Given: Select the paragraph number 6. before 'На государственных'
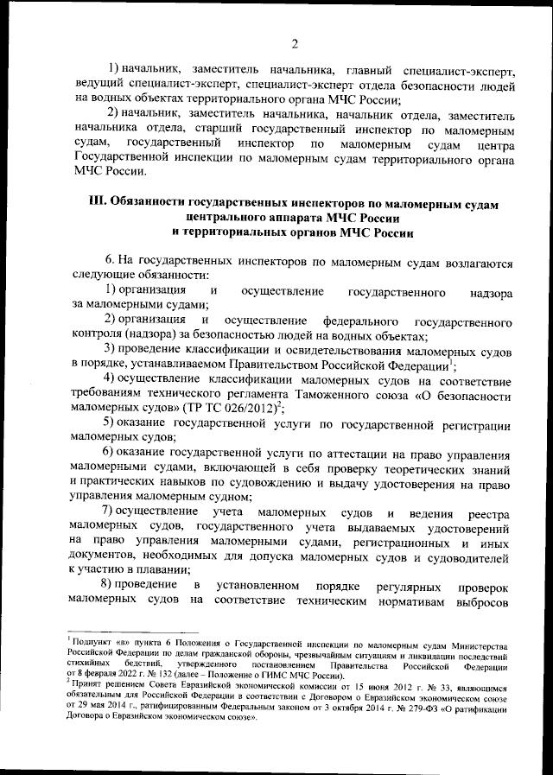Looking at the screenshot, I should [x=110, y=260].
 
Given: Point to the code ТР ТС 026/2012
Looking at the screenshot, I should [x=245, y=406].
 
